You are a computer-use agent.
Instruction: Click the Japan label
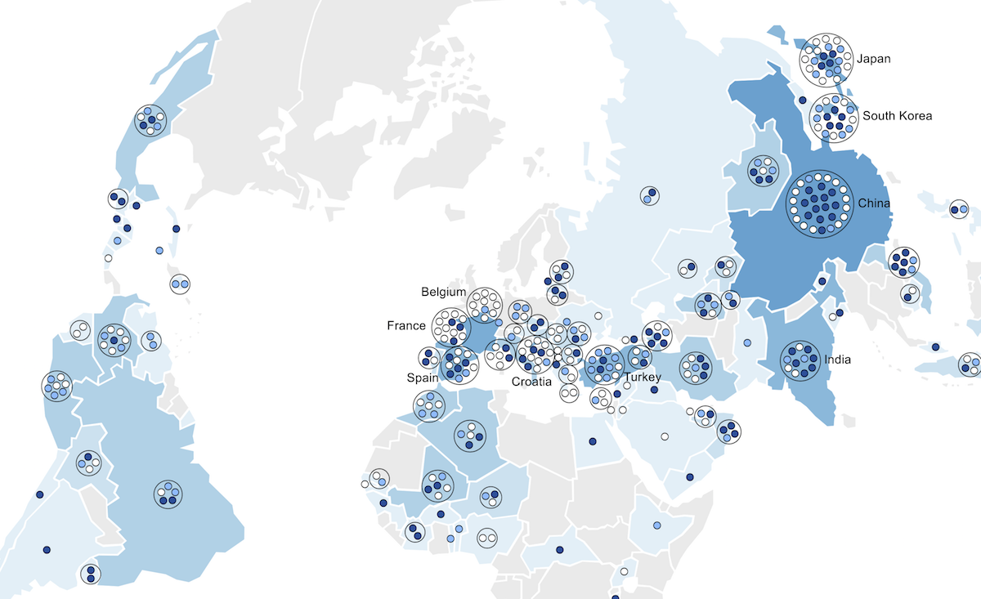(x=874, y=59)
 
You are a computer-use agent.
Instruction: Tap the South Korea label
(x=897, y=115)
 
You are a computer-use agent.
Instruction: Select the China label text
(x=874, y=203)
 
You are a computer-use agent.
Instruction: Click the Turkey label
(x=641, y=378)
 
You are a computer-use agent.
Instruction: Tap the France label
(x=406, y=325)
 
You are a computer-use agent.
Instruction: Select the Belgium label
(x=444, y=292)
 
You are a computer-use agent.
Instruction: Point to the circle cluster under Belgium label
(x=485, y=304)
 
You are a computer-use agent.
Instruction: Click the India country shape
(x=809, y=400)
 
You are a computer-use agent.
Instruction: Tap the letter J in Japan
(x=860, y=59)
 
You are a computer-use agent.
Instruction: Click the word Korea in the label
(x=916, y=115)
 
